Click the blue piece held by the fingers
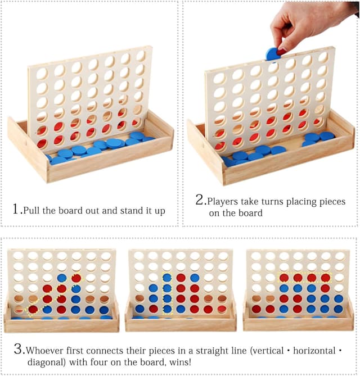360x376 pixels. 274,53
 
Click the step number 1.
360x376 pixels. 16,209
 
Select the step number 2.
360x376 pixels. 200,200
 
